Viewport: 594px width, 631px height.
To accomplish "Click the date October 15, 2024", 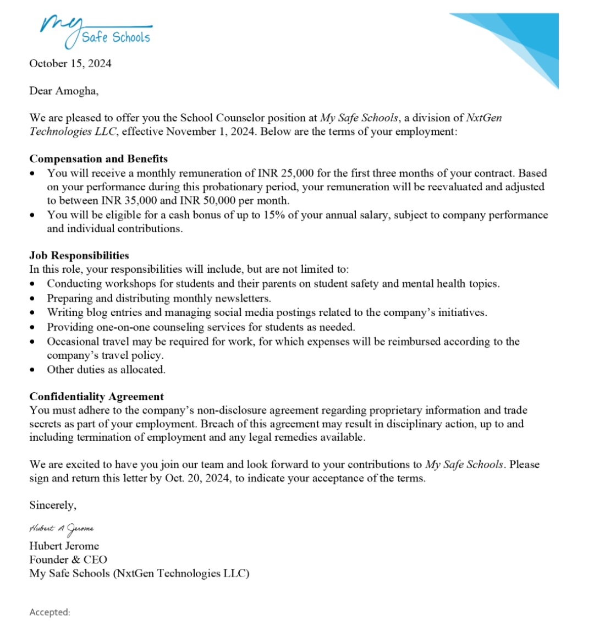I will click(70, 63).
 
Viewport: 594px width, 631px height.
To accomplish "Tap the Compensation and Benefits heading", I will click(98, 159).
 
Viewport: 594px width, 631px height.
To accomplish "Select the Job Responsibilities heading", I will click(79, 255).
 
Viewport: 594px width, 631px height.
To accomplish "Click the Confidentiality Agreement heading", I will click(97, 397).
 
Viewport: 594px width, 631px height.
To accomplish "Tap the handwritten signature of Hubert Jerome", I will click(62, 529).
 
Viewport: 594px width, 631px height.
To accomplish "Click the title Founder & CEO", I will click(68, 559).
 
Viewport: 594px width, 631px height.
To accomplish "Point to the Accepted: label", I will click(50, 612).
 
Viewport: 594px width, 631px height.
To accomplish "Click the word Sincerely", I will click(53, 505).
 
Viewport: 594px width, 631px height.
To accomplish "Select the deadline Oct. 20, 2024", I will click(199, 478).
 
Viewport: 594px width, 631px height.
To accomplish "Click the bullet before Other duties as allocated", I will click(34, 370).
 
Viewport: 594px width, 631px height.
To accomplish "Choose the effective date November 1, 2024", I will click(211, 132).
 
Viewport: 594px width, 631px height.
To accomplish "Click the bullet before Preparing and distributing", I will click(34, 299).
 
